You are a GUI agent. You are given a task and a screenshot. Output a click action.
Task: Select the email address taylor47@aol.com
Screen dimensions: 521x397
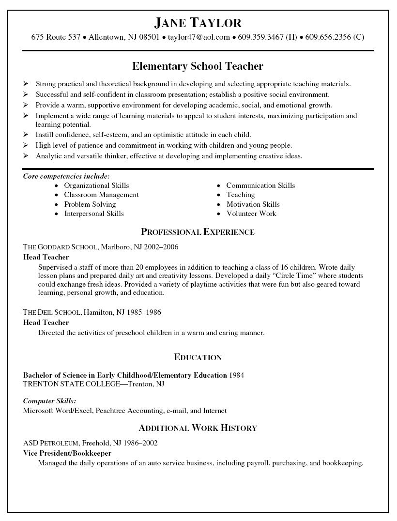[198, 37]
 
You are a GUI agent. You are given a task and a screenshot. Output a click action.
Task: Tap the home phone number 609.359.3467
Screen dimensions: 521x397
[260, 37]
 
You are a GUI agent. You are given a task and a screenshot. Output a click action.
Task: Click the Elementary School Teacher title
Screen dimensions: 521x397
[198, 65]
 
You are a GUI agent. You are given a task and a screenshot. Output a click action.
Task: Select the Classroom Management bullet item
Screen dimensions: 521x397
[101, 195]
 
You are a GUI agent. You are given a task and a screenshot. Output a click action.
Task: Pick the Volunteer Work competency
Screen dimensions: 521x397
[251, 213]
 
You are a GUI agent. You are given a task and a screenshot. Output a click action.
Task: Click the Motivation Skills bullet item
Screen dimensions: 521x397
[253, 204]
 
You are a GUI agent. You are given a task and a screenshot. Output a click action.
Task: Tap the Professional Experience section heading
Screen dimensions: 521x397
[198, 232]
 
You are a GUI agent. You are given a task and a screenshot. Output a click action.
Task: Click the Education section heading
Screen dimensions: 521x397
[198, 357]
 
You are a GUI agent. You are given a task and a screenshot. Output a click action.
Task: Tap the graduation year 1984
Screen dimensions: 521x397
[237, 375]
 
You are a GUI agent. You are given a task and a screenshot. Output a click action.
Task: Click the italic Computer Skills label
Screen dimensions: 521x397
[49, 401]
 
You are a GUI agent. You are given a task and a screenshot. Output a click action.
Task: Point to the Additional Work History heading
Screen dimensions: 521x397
[198, 428]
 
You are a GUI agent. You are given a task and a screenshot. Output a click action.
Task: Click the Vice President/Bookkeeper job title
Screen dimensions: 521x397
[67, 453]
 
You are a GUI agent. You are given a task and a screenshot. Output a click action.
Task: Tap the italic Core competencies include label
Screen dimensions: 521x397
[66, 176]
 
